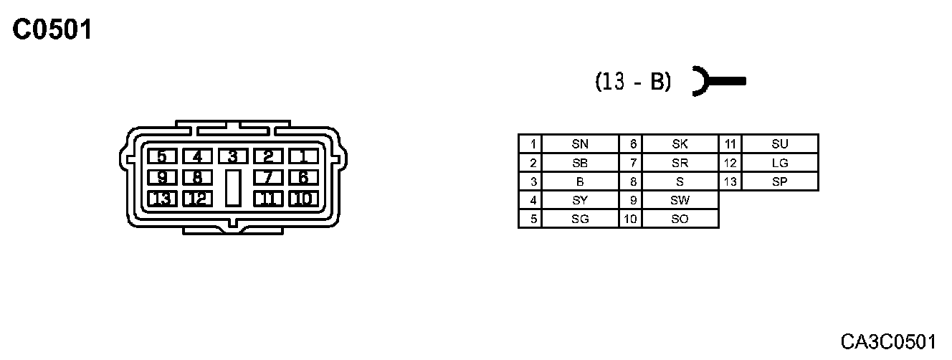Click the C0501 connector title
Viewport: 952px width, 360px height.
coord(52,30)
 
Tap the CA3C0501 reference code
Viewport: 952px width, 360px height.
coord(889,340)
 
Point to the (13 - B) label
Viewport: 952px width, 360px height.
coord(633,82)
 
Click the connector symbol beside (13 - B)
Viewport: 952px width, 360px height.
coord(717,81)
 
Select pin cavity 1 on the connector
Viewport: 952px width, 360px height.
coord(303,156)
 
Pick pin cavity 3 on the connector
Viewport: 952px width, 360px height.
coord(232,156)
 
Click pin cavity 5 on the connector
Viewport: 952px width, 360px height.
coord(162,156)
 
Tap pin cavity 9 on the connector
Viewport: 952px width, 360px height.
coord(162,177)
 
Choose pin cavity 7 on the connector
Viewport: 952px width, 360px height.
coord(267,177)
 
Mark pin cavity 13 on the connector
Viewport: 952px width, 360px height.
coord(162,199)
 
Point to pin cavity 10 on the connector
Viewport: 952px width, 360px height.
coord(303,199)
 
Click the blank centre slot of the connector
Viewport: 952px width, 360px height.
coord(232,188)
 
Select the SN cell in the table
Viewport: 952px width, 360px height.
coord(580,143)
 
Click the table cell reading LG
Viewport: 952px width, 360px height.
coord(779,163)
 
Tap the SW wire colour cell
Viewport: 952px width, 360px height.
coord(680,200)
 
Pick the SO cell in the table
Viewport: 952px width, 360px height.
coord(680,219)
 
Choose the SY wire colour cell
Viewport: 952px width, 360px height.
coord(580,200)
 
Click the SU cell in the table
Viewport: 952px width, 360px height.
coord(779,143)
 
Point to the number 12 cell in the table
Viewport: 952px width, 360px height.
coord(730,163)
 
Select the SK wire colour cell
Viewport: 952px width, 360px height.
coord(680,143)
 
